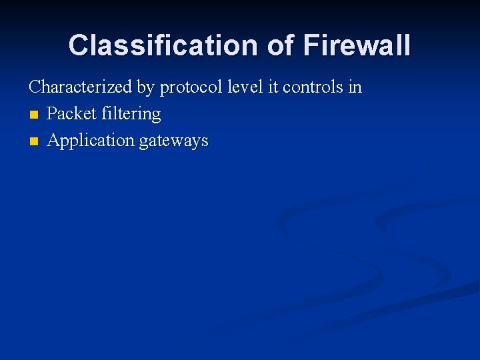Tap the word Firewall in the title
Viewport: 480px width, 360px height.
click(x=357, y=45)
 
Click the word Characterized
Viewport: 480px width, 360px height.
click(x=80, y=87)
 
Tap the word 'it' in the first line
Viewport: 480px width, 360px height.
click(x=272, y=87)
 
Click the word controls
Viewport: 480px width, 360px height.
click(x=312, y=87)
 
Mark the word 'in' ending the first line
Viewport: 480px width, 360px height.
click(x=355, y=87)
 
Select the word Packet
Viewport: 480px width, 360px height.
click(x=72, y=114)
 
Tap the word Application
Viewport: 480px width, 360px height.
click(x=91, y=141)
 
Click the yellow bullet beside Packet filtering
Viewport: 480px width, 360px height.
click(x=34, y=115)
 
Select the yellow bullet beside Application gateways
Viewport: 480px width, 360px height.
click(x=34, y=142)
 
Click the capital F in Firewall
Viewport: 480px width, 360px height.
click(x=311, y=45)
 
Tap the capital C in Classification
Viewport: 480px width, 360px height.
click(x=79, y=45)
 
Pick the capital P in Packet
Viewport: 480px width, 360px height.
click(x=52, y=114)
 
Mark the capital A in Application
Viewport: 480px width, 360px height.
click(x=53, y=141)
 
